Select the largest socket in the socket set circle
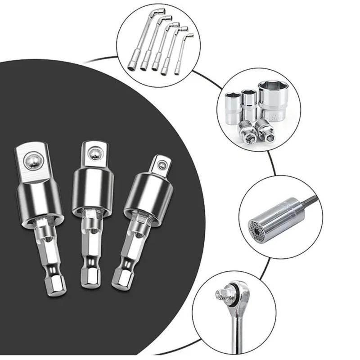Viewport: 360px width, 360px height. point(273,101)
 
